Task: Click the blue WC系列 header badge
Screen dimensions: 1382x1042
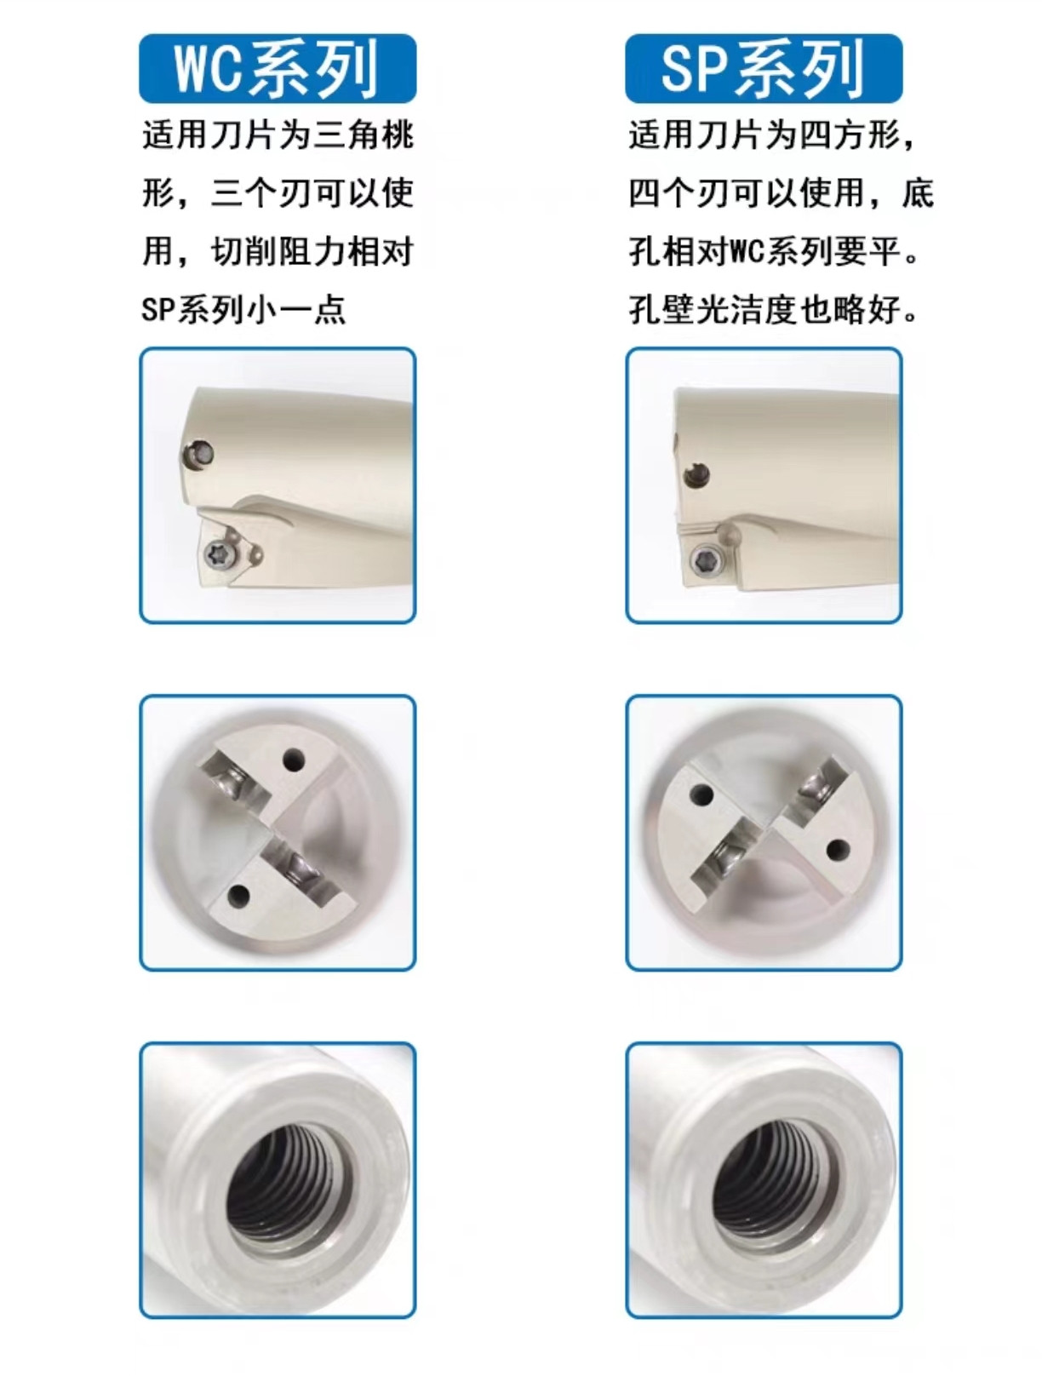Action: pyautogui.click(x=278, y=68)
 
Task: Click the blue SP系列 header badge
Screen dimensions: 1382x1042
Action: pyautogui.click(x=764, y=68)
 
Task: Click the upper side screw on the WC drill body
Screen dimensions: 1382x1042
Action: pyautogui.click(x=201, y=453)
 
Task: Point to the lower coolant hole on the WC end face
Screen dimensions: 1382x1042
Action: pyautogui.click(x=239, y=896)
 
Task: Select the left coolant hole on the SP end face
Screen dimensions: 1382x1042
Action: pyautogui.click(x=702, y=795)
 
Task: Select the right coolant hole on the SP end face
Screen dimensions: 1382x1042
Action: pyautogui.click(x=838, y=849)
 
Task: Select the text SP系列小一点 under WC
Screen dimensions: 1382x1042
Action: pyautogui.click(x=243, y=309)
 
